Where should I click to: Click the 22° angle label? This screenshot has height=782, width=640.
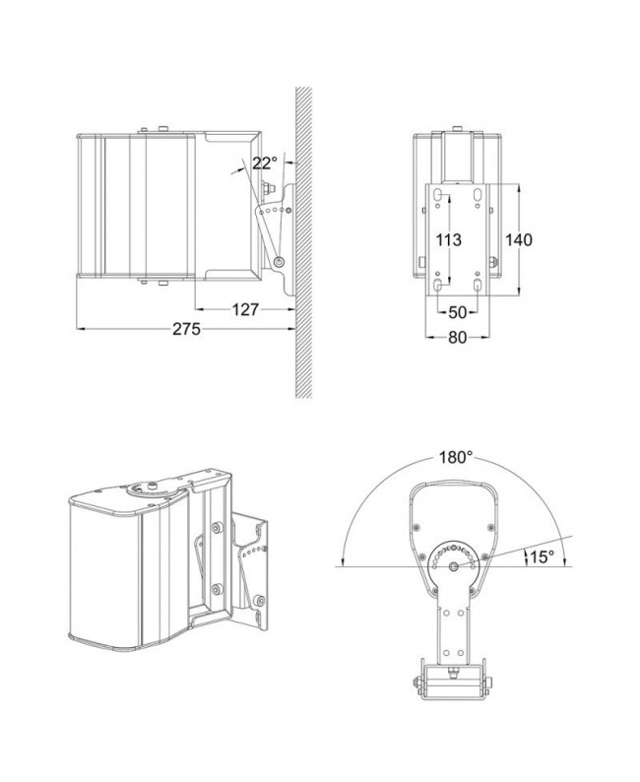[x=264, y=163]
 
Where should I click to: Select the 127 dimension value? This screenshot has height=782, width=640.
[x=246, y=309]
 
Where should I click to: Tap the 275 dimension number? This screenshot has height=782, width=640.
[x=187, y=329]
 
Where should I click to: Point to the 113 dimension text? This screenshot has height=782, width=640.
[x=449, y=240]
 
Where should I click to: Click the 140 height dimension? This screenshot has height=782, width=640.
[x=519, y=240]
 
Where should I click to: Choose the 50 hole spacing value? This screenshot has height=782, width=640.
[x=458, y=312]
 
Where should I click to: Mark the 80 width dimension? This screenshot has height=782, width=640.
[x=458, y=338]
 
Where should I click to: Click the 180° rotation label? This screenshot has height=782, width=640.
[x=456, y=457]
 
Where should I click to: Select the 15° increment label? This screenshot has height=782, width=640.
[x=543, y=556]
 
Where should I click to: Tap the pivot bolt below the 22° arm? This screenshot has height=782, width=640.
[x=280, y=261]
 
